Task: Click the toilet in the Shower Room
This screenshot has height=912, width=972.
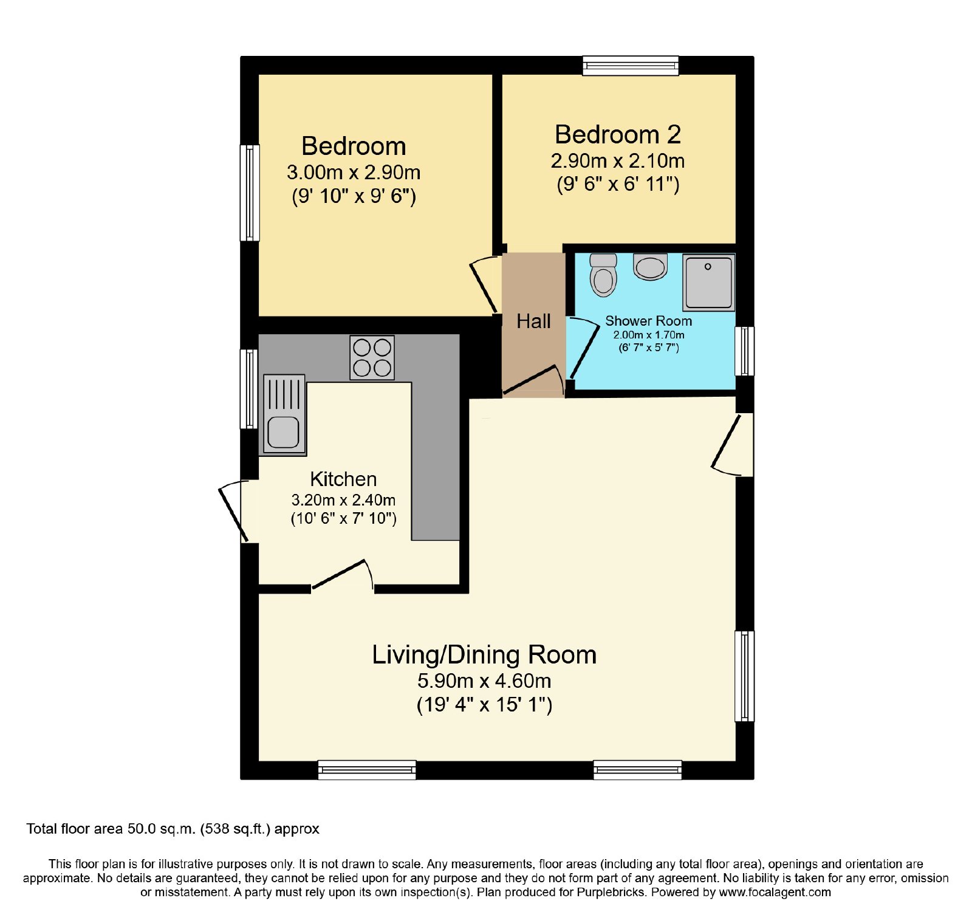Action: [603, 275]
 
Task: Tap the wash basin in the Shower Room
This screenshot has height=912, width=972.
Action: [650, 267]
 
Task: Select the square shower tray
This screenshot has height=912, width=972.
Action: [709, 283]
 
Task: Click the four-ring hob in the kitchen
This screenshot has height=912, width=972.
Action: [372, 358]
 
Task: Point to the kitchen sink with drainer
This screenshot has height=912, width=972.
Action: [284, 414]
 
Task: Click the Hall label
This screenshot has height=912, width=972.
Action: [533, 321]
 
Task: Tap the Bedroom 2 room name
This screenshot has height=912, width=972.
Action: [618, 134]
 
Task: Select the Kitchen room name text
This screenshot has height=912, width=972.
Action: [343, 479]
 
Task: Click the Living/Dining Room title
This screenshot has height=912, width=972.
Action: [484, 654]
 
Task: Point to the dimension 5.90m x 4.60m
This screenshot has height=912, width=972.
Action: [484, 681]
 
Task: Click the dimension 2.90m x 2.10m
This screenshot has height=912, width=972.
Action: [618, 160]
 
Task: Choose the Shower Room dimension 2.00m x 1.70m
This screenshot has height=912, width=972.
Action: [649, 335]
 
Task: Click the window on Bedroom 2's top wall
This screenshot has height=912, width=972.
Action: [631, 66]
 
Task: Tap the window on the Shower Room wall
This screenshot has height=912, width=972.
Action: [745, 351]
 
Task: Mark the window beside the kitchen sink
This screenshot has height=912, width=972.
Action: [249, 389]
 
